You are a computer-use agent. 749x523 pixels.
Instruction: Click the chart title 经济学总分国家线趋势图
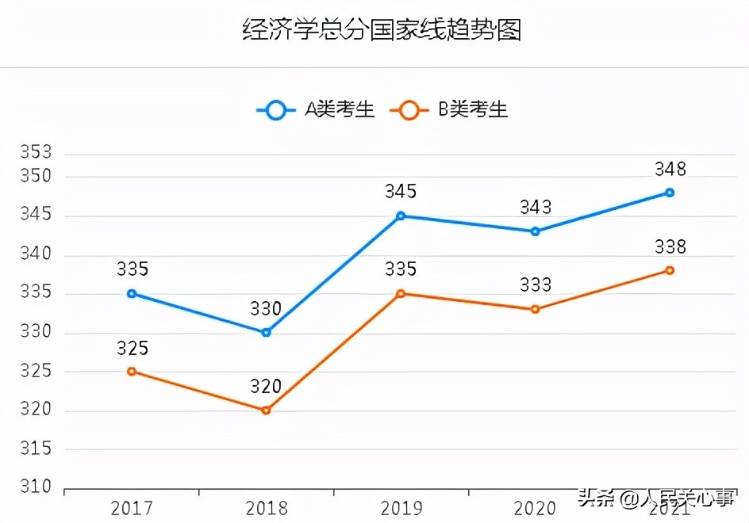381,30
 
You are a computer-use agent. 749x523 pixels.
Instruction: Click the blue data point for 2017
132,293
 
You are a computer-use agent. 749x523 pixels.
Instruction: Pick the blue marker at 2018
267,332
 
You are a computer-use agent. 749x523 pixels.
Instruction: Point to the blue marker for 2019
401,216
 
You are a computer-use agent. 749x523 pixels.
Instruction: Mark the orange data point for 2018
267,410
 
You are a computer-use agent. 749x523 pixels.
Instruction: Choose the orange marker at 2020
536,309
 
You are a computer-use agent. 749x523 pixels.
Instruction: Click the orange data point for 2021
670,270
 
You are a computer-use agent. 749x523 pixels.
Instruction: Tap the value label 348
670,169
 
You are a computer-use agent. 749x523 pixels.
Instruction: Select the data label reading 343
536,208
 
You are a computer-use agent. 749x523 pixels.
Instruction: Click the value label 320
267,387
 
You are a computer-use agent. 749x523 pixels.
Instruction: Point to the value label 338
670,247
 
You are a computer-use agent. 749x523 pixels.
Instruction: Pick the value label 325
132,349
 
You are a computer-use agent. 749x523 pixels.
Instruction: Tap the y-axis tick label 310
36,487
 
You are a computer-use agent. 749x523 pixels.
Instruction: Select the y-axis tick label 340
36,255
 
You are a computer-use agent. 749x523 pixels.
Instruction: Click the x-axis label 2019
401,508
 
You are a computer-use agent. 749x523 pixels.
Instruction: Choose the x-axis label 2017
132,508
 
